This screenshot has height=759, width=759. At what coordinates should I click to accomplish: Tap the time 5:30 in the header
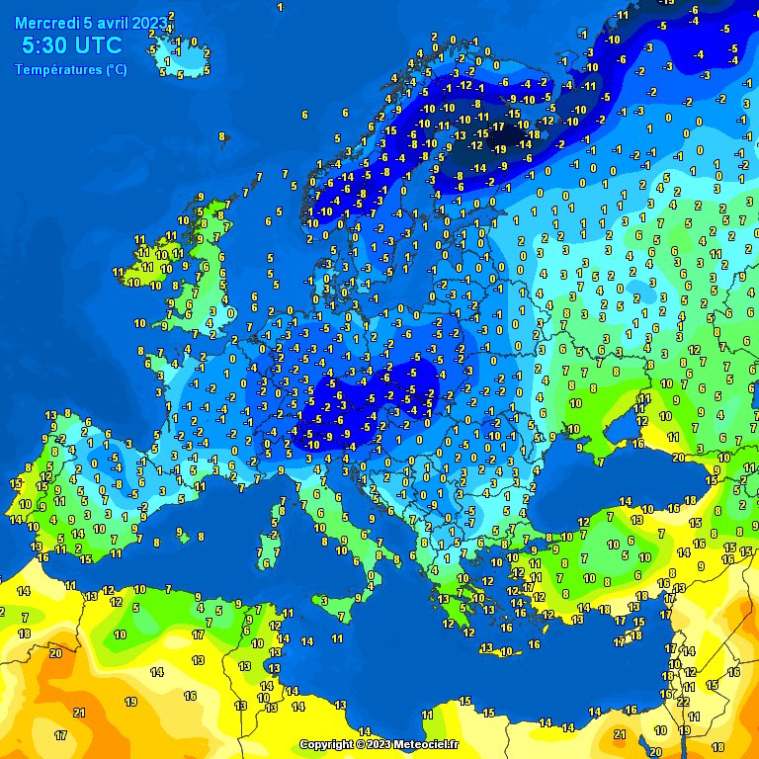45,45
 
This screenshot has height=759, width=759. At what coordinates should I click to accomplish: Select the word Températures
58,69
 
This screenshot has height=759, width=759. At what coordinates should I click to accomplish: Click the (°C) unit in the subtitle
116,69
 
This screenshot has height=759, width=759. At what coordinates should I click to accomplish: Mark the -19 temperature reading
500,149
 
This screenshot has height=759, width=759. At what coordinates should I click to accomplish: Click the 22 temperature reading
683,701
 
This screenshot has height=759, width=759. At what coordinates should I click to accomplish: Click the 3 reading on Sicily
323,600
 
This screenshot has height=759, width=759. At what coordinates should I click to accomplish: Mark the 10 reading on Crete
505,651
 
